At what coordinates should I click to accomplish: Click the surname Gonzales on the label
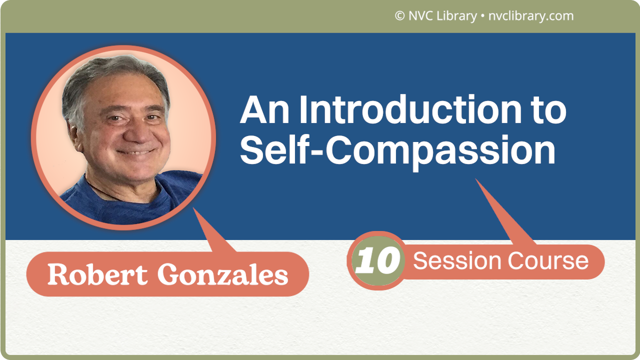point(223,274)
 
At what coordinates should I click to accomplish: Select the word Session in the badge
point(457,261)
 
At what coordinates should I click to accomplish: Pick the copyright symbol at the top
point(399,16)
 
